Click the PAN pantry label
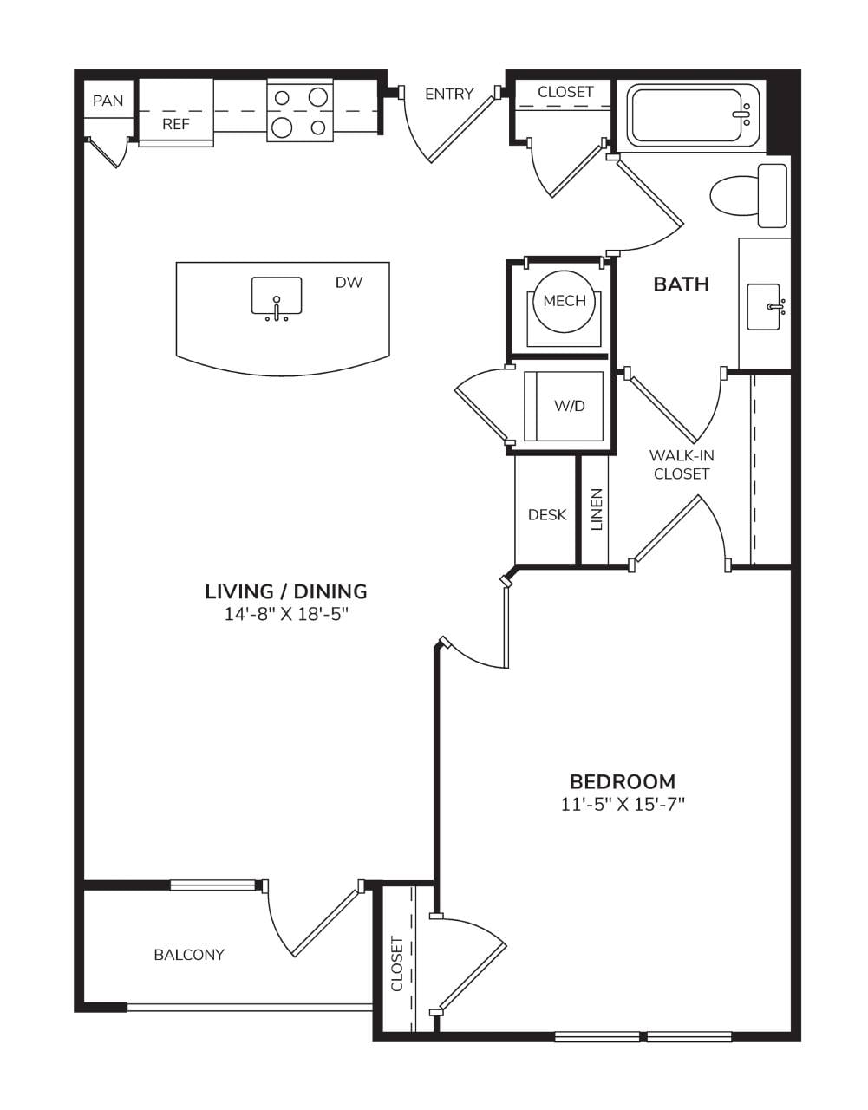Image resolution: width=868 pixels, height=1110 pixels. [x=108, y=101]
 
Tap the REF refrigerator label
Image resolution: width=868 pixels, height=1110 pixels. [x=176, y=124]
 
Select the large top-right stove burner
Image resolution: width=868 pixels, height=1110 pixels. [x=317, y=96]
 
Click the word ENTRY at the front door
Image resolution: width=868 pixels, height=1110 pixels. [x=449, y=94]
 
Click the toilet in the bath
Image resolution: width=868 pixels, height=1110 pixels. [x=748, y=196]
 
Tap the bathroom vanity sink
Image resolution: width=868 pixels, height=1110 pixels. [x=764, y=307]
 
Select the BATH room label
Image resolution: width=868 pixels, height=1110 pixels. [x=681, y=284]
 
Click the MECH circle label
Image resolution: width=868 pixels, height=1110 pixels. [x=565, y=301]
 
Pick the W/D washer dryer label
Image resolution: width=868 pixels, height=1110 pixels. [x=570, y=406]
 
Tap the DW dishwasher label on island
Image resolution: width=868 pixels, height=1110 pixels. [x=349, y=282]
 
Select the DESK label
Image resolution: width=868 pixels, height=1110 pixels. [x=547, y=514]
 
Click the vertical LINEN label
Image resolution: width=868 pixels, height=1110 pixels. [x=597, y=509]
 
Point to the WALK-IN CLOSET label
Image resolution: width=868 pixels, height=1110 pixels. [x=682, y=464]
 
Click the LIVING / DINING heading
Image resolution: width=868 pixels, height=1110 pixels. [x=286, y=591]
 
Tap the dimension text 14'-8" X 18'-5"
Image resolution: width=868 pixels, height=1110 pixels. [x=286, y=614]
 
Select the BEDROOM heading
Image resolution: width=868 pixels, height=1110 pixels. [x=623, y=781]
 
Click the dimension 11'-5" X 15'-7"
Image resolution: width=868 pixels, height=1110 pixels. [x=623, y=805]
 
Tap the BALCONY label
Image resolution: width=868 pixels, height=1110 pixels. [x=189, y=955]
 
